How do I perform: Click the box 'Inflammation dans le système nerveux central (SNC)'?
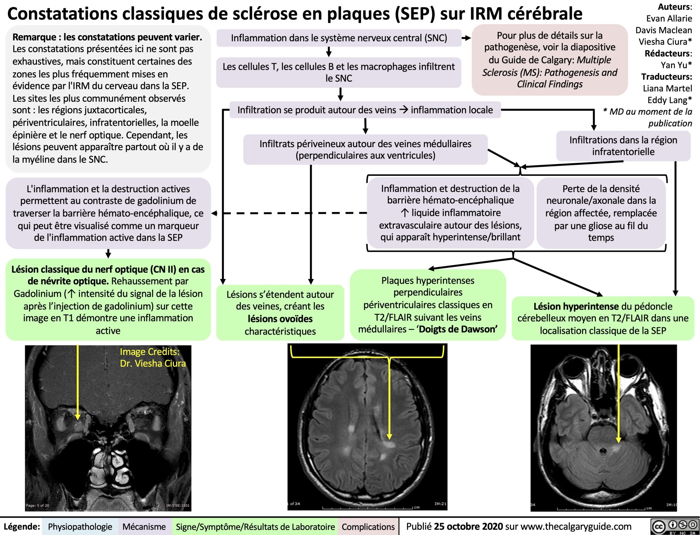pos(339,38)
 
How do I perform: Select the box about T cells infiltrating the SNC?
pos(339,72)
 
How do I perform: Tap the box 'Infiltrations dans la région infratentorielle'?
pos(623,146)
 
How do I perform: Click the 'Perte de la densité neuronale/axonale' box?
pos(601,213)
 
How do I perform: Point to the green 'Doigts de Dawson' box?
pos(428,305)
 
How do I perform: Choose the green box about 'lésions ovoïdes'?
pos(280,312)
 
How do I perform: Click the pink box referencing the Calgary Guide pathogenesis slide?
pos(550,60)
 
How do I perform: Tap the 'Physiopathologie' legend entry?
pos(80,527)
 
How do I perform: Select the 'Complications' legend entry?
pos(368,527)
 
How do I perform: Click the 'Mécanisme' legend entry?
pos(144,527)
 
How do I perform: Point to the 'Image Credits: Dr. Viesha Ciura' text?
pos(152,357)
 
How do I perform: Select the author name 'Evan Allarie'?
pos(669,18)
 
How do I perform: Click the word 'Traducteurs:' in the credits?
pos(667,76)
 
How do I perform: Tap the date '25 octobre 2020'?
pos(468,527)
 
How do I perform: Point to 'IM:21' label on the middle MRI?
pos(440,504)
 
